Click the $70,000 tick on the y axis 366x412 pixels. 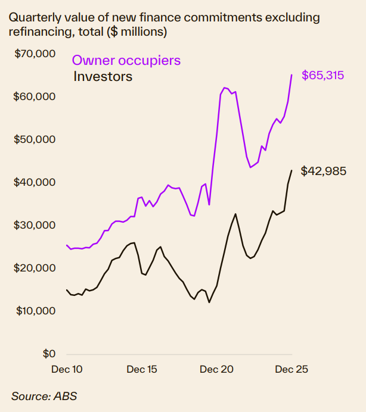pyautogui.click(x=34, y=54)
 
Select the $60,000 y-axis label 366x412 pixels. pyautogui.click(x=34, y=96)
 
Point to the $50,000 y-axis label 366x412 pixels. pyautogui.click(x=34, y=139)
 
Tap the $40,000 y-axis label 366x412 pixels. pyautogui.click(x=34, y=182)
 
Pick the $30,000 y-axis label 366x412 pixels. pyautogui.click(x=34, y=225)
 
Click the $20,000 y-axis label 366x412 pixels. pyautogui.click(x=34, y=268)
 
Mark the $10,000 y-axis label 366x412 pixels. pyautogui.click(x=34, y=311)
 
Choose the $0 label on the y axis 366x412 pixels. pyautogui.click(x=48, y=354)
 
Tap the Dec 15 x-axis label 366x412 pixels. pyautogui.click(x=142, y=369)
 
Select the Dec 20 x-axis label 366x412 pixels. pyautogui.click(x=217, y=369)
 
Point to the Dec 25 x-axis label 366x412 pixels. pyautogui.click(x=291, y=369)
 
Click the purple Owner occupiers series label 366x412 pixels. pyautogui.click(x=126, y=61)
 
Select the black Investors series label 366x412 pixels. pyautogui.click(x=103, y=76)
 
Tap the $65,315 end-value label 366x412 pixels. pyautogui.click(x=322, y=76)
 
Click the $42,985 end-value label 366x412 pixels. pyautogui.click(x=322, y=171)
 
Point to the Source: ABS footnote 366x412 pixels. pyautogui.click(x=44, y=396)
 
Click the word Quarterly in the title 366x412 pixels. pyautogui.click(x=33, y=18)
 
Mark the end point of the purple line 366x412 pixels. pyautogui.click(x=291, y=75)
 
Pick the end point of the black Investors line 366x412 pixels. pyautogui.click(x=291, y=171)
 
